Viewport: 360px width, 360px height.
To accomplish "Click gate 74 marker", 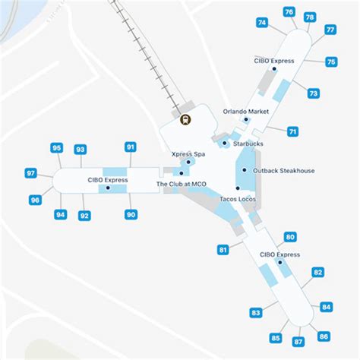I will tap(262, 23).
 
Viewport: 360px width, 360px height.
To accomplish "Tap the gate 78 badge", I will tap(309, 17).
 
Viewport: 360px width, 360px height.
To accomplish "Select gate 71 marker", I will tap(292, 131).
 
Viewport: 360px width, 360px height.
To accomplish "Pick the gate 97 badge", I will tap(31, 174).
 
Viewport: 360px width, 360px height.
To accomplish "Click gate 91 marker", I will tap(131, 147).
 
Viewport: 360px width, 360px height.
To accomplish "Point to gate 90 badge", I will tap(131, 215).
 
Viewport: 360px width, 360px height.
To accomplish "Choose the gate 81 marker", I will tap(223, 249).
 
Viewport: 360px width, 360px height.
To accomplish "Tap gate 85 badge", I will tap(276, 338).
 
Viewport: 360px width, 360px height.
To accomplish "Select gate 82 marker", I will tap(318, 272).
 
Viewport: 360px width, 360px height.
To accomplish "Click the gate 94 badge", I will tap(61, 215).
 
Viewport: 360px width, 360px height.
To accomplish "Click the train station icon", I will tap(185, 118).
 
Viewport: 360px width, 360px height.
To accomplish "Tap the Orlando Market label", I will tap(246, 112).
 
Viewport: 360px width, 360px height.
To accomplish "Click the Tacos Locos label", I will tap(237, 199).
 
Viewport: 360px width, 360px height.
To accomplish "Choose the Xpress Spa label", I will tap(188, 154).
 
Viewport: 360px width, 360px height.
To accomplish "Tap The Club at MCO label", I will tap(182, 184).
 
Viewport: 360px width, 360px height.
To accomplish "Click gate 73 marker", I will tap(313, 93).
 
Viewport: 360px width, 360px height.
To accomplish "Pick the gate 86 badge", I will tap(324, 336).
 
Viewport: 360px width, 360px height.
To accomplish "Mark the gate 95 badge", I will tap(57, 147).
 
